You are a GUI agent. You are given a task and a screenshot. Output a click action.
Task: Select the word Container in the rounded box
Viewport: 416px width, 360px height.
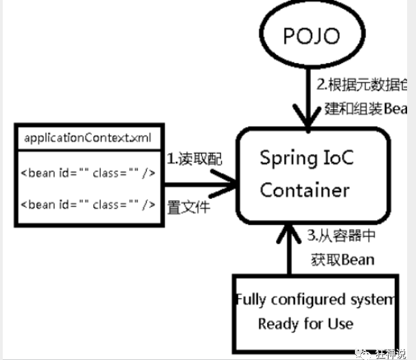coord(305,189)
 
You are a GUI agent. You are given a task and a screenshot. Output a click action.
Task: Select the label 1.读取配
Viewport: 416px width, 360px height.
coord(194,158)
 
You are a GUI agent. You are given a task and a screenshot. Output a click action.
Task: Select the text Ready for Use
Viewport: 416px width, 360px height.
coord(305,323)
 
